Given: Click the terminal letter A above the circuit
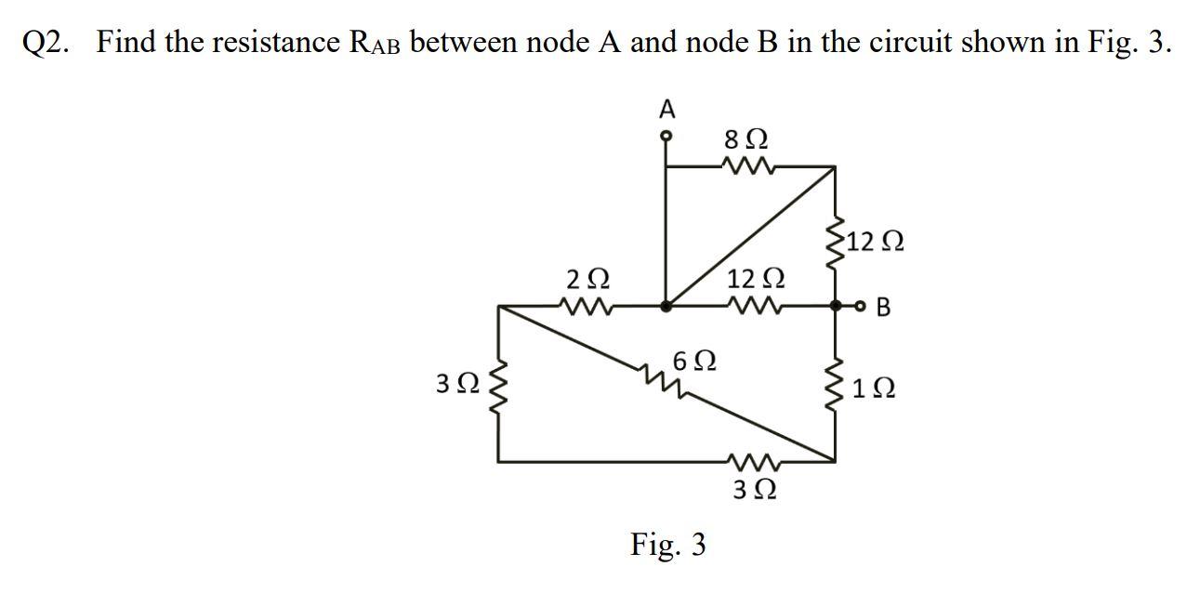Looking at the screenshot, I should (666, 110).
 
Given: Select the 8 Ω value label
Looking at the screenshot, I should (745, 141).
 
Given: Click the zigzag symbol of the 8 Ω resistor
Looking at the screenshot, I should (745, 167).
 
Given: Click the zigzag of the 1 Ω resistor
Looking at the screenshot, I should (835, 389).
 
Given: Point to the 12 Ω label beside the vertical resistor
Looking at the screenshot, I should (871, 243).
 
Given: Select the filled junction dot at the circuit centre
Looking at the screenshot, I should (666, 305).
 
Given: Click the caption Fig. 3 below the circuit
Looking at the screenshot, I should (667, 544).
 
